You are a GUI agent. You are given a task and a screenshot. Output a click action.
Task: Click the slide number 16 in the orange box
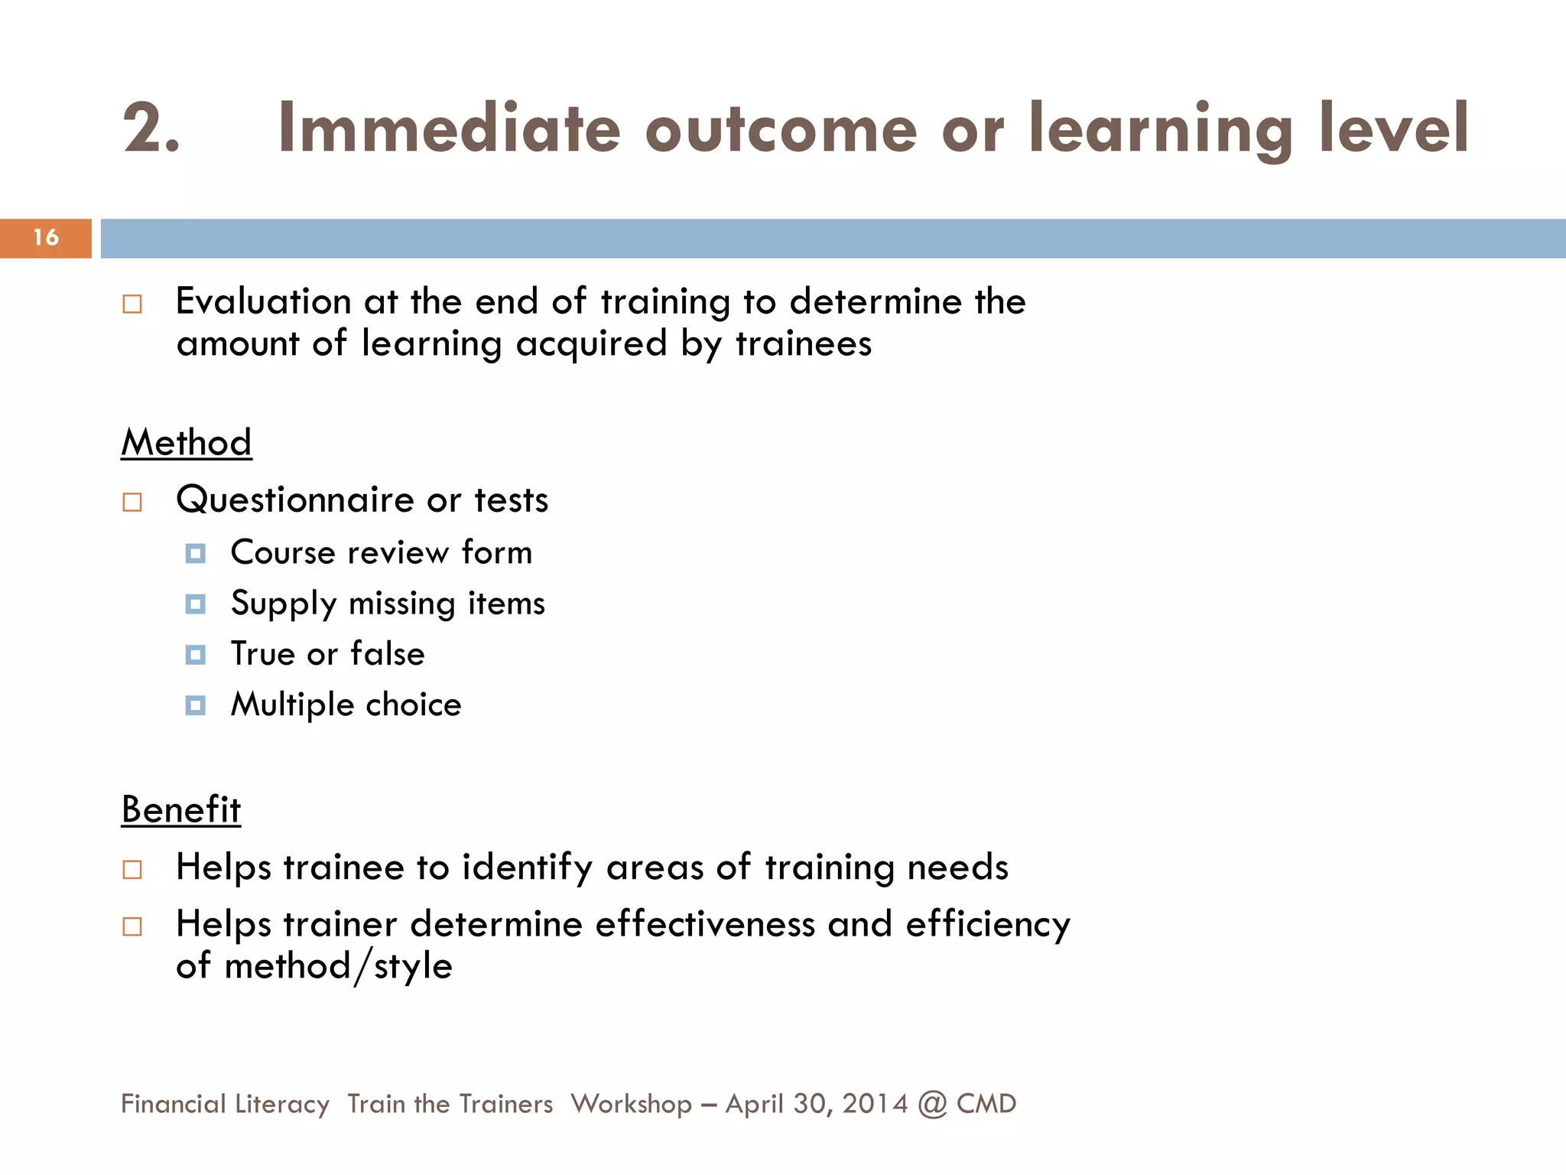point(46,238)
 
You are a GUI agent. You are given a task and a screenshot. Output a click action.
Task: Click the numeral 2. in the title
point(151,129)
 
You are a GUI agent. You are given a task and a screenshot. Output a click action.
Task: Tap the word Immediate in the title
point(449,129)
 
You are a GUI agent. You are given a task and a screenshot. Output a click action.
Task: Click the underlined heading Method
point(187,443)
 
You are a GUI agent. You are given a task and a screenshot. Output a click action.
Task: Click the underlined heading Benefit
point(181,810)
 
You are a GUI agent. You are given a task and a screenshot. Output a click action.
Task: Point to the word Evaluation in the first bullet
point(263,301)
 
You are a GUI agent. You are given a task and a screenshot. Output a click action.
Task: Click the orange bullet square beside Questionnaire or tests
point(132,503)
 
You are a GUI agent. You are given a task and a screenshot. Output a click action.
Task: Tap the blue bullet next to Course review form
point(196,553)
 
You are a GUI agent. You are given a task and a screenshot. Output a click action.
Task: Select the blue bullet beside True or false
point(196,655)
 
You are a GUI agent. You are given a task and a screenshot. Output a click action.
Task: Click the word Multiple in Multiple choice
point(292,705)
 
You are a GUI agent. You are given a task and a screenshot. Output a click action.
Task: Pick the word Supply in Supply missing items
point(284,604)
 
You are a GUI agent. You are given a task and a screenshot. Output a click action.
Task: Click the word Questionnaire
point(295,500)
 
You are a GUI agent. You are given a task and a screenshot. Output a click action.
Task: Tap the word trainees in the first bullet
point(804,343)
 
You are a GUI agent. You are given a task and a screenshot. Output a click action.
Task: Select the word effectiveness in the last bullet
point(705,924)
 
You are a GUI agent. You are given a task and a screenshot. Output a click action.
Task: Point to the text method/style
point(338,966)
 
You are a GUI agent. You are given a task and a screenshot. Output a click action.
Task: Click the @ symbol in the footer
point(932,1104)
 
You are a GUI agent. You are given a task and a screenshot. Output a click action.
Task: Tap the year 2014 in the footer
point(875,1104)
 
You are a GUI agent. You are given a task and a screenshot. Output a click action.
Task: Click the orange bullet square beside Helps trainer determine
point(132,927)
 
